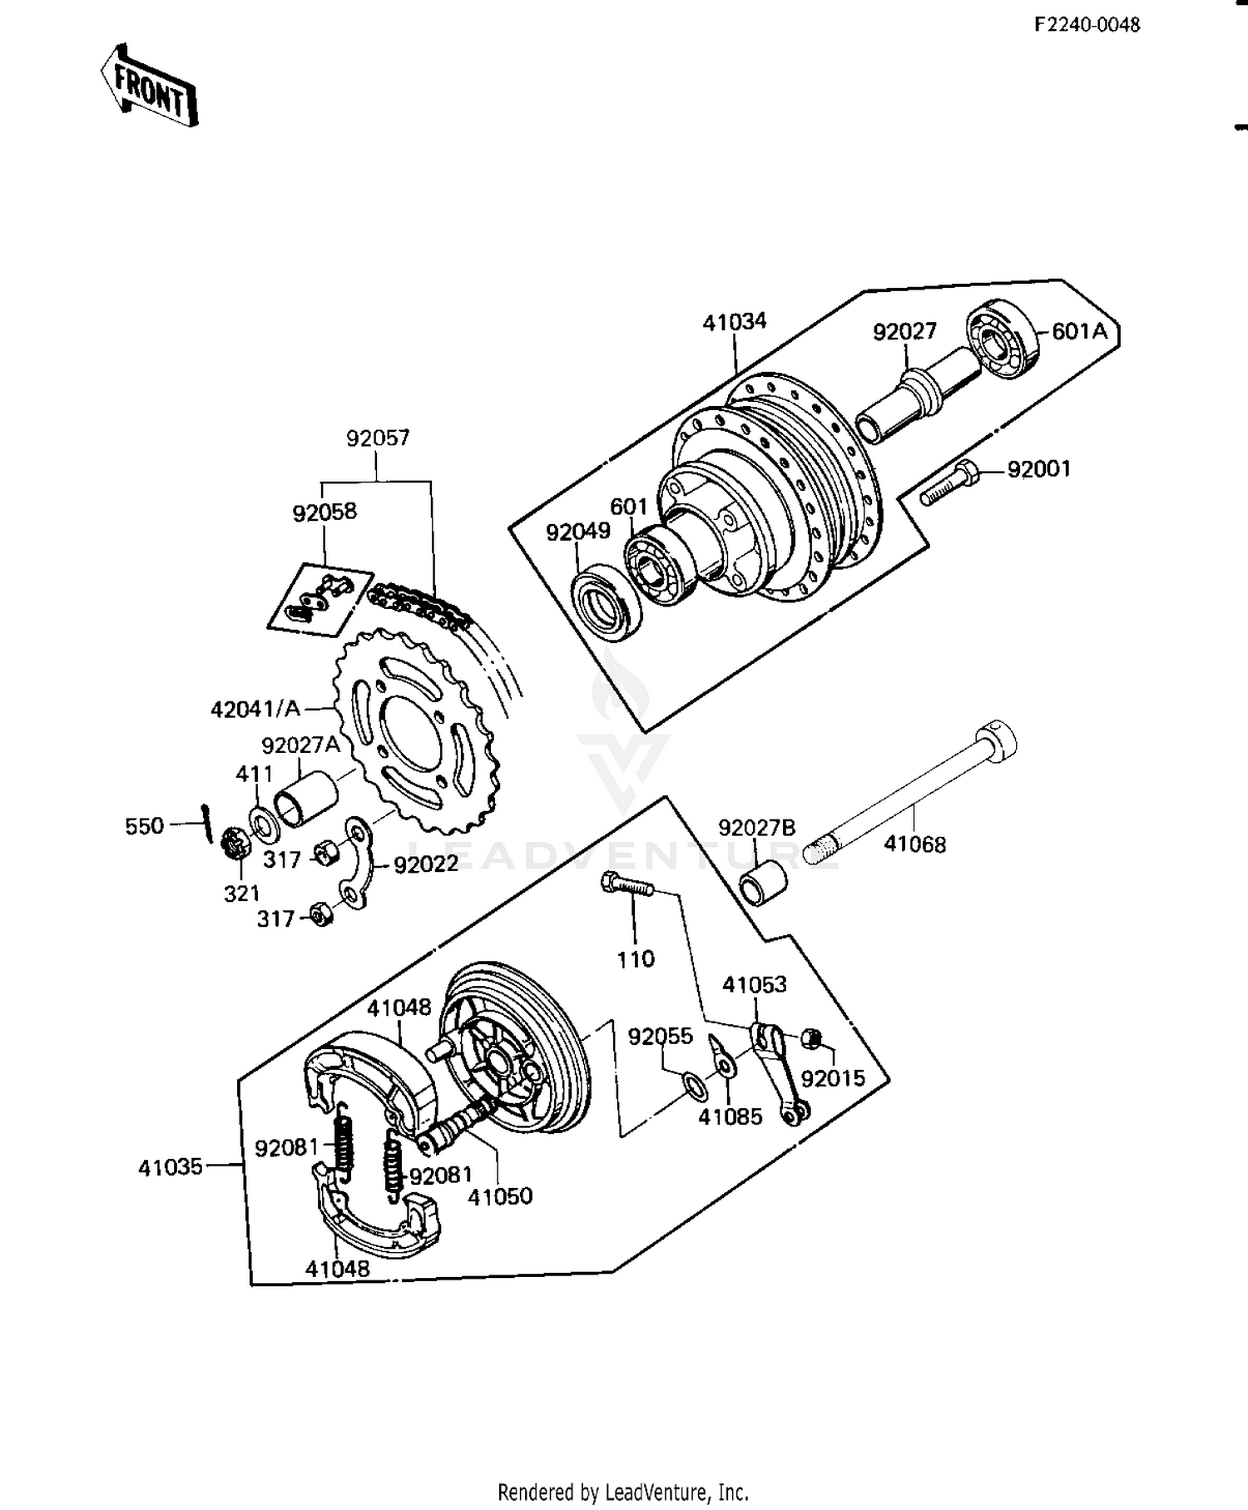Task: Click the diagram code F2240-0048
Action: pos(1087,24)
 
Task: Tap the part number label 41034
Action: pos(734,322)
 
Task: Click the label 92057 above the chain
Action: pos(378,438)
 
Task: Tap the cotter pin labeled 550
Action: pos(206,824)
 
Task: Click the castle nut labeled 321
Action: pos(235,848)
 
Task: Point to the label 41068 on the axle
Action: pos(914,844)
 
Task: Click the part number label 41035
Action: pos(170,1167)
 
